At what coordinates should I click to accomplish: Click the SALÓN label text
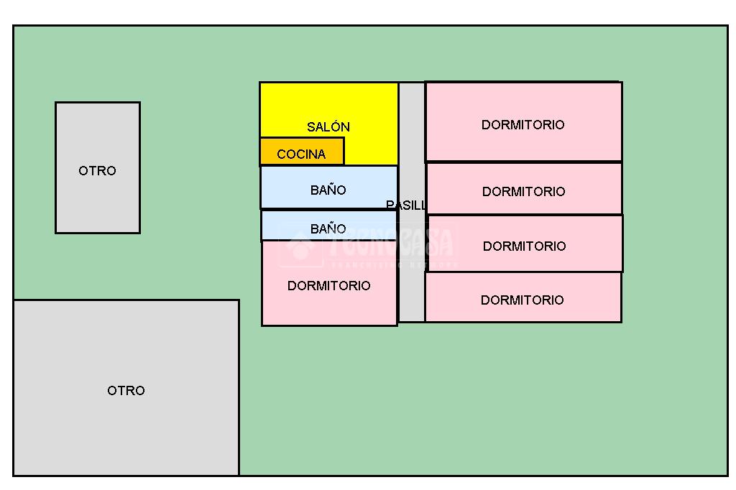tap(328, 127)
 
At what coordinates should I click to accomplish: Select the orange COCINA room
tap(302, 152)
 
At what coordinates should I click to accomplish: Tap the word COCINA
tap(301, 154)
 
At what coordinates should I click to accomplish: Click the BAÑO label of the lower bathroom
tap(328, 229)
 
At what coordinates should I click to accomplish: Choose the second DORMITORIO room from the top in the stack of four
tap(524, 189)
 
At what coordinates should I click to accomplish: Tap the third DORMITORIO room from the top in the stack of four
tap(525, 244)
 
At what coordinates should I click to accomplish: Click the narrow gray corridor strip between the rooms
tap(412, 273)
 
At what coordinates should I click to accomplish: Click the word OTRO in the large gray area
tap(126, 390)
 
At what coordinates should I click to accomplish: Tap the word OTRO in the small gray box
tap(98, 171)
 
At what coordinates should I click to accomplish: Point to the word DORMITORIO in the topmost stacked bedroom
tap(523, 125)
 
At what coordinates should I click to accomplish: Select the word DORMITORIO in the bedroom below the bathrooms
tap(329, 286)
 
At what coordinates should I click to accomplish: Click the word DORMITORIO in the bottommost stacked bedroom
tap(523, 300)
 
